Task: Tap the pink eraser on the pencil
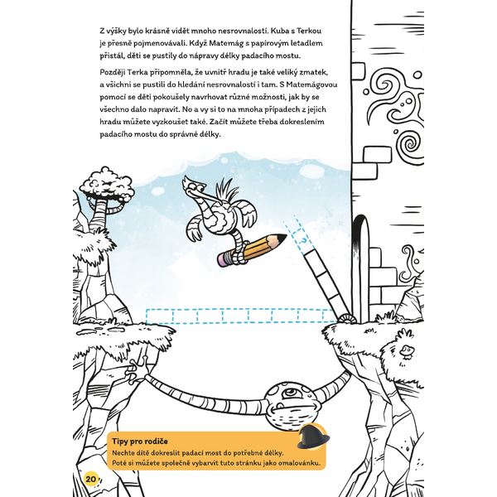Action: [x=222, y=259]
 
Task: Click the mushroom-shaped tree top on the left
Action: [x=109, y=184]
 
